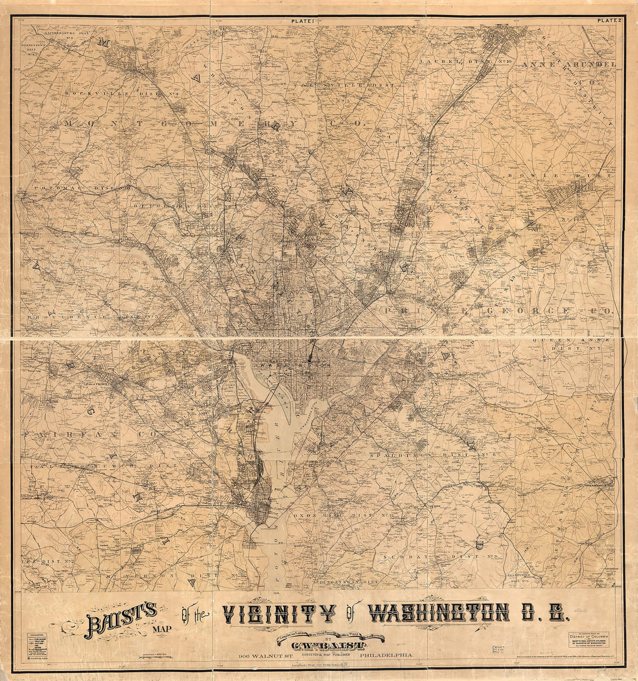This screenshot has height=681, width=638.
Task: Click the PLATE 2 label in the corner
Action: point(610,21)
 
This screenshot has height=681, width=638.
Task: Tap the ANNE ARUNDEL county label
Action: point(568,64)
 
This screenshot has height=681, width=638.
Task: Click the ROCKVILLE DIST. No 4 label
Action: point(124,93)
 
